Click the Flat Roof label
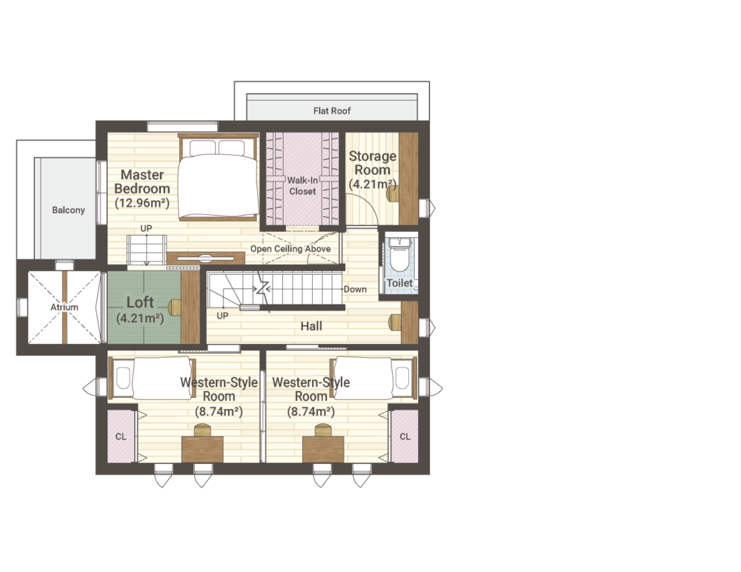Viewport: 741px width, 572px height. pos(332,110)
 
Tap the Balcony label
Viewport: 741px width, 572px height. pos(68,210)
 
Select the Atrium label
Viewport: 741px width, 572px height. pos(64,307)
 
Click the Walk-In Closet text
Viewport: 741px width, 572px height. pos(302,186)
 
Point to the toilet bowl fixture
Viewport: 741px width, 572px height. pos(399,255)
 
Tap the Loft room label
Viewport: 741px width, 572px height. pos(140,302)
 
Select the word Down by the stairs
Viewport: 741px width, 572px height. pos(355,289)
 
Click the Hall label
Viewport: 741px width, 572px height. pos(311,326)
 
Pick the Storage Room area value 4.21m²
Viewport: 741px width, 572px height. pos(373,184)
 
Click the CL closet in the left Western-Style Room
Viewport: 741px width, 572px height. pos(121,436)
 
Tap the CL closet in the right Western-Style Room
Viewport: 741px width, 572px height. pos(405,436)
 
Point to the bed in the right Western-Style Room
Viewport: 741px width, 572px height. pos(373,378)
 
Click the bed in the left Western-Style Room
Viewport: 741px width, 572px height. pos(152,378)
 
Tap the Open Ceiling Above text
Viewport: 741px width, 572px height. pos(290,249)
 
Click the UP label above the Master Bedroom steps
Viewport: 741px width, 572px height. pos(146,228)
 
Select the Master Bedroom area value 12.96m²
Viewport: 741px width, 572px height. pos(142,203)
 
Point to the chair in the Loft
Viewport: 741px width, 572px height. pos(174,307)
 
